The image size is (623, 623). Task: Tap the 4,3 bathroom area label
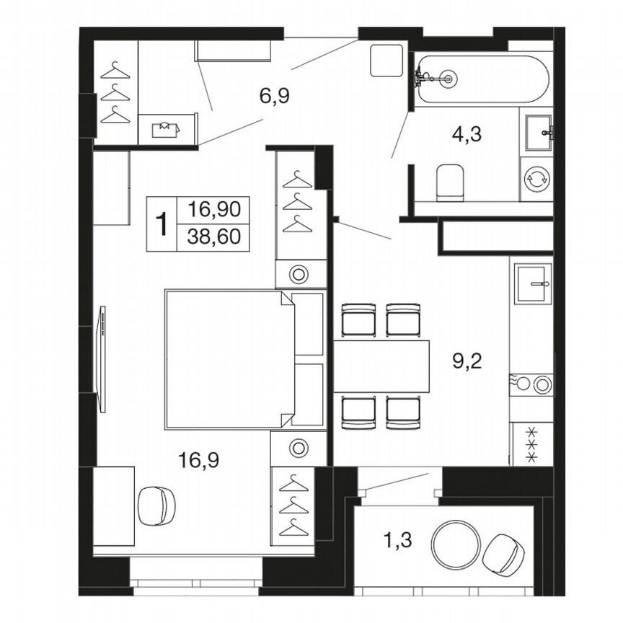pos(467,134)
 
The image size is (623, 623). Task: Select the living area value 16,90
pos(213,211)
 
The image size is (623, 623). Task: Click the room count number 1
pos(162,224)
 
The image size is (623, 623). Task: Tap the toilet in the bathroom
pos(451,182)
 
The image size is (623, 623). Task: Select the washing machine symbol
pos(536,178)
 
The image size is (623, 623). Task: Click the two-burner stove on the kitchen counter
pos(532,384)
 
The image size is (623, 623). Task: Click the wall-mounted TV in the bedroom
pos(102,359)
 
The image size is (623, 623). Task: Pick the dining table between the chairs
pos(381,366)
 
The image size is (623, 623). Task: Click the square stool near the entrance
pos(386,61)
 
